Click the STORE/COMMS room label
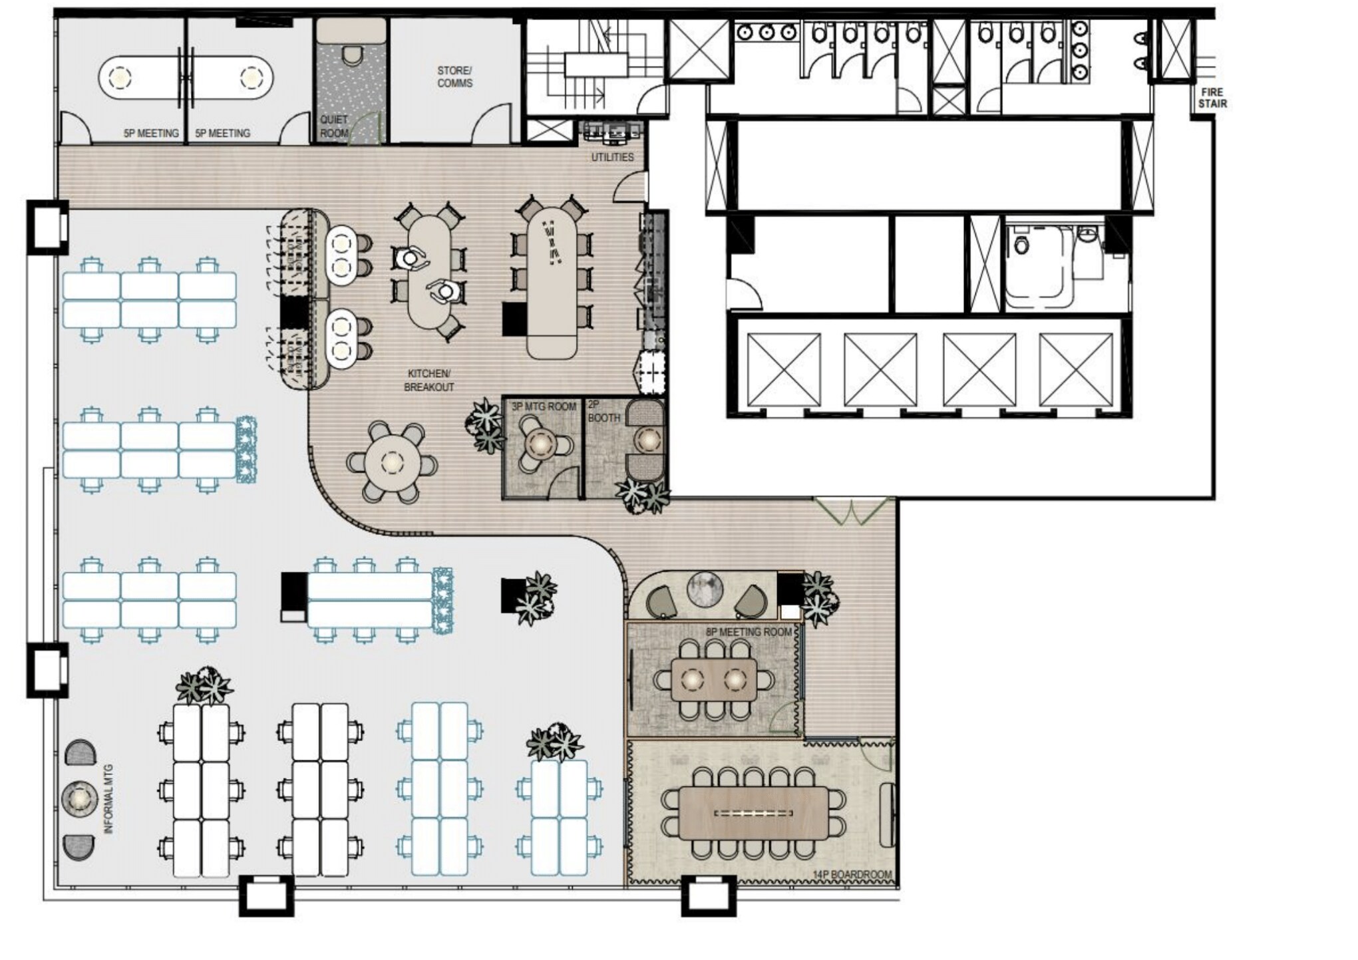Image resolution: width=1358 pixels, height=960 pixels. pyautogui.click(x=455, y=77)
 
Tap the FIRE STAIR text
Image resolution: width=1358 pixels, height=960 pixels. pyautogui.click(x=1212, y=98)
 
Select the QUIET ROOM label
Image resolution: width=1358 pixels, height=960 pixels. pyautogui.click(x=333, y=126)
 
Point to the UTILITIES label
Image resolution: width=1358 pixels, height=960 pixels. pyautogui.click(x=612, y=157)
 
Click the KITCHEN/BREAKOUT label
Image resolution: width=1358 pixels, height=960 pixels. pyautogui.click(x=429, y=381)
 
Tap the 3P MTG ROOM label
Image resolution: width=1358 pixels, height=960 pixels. pyautogui.click(x=544, y=406)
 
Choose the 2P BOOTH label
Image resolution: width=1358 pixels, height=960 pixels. pyautogui.click(x=603, y=412)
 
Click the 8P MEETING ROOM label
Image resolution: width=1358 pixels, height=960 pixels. pyautogui.click(x=749, y=632)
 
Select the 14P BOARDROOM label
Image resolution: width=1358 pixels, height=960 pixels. pyautogui.click(x=852, y=875)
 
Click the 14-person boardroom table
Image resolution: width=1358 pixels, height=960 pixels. pyautogui.click(x=753, y=813)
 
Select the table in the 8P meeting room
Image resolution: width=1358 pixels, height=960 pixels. pyautogui.click(x=714, y=679)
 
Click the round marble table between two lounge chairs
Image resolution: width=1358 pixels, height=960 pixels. pyautogui.click(x=705, y=589)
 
